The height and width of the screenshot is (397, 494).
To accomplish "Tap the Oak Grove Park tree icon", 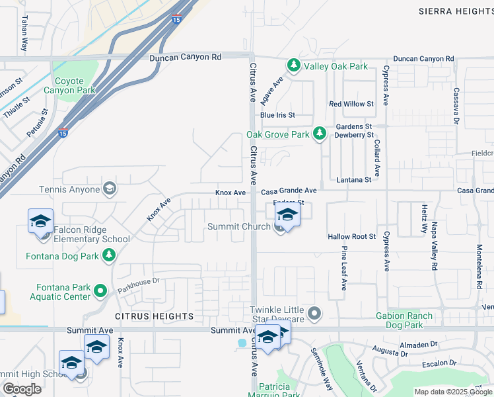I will [320, 134].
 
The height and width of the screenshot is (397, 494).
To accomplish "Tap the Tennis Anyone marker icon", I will [110, 190].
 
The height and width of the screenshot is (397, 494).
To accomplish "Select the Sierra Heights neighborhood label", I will [456, 11].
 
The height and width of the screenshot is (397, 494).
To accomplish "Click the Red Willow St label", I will [351, 104].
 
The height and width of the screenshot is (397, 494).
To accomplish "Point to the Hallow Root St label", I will [352, 236].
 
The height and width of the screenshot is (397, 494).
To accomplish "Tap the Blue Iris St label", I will [277, 114].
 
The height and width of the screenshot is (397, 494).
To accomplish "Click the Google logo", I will [22, 389].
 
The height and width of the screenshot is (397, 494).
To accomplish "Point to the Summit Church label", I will [238, 227].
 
